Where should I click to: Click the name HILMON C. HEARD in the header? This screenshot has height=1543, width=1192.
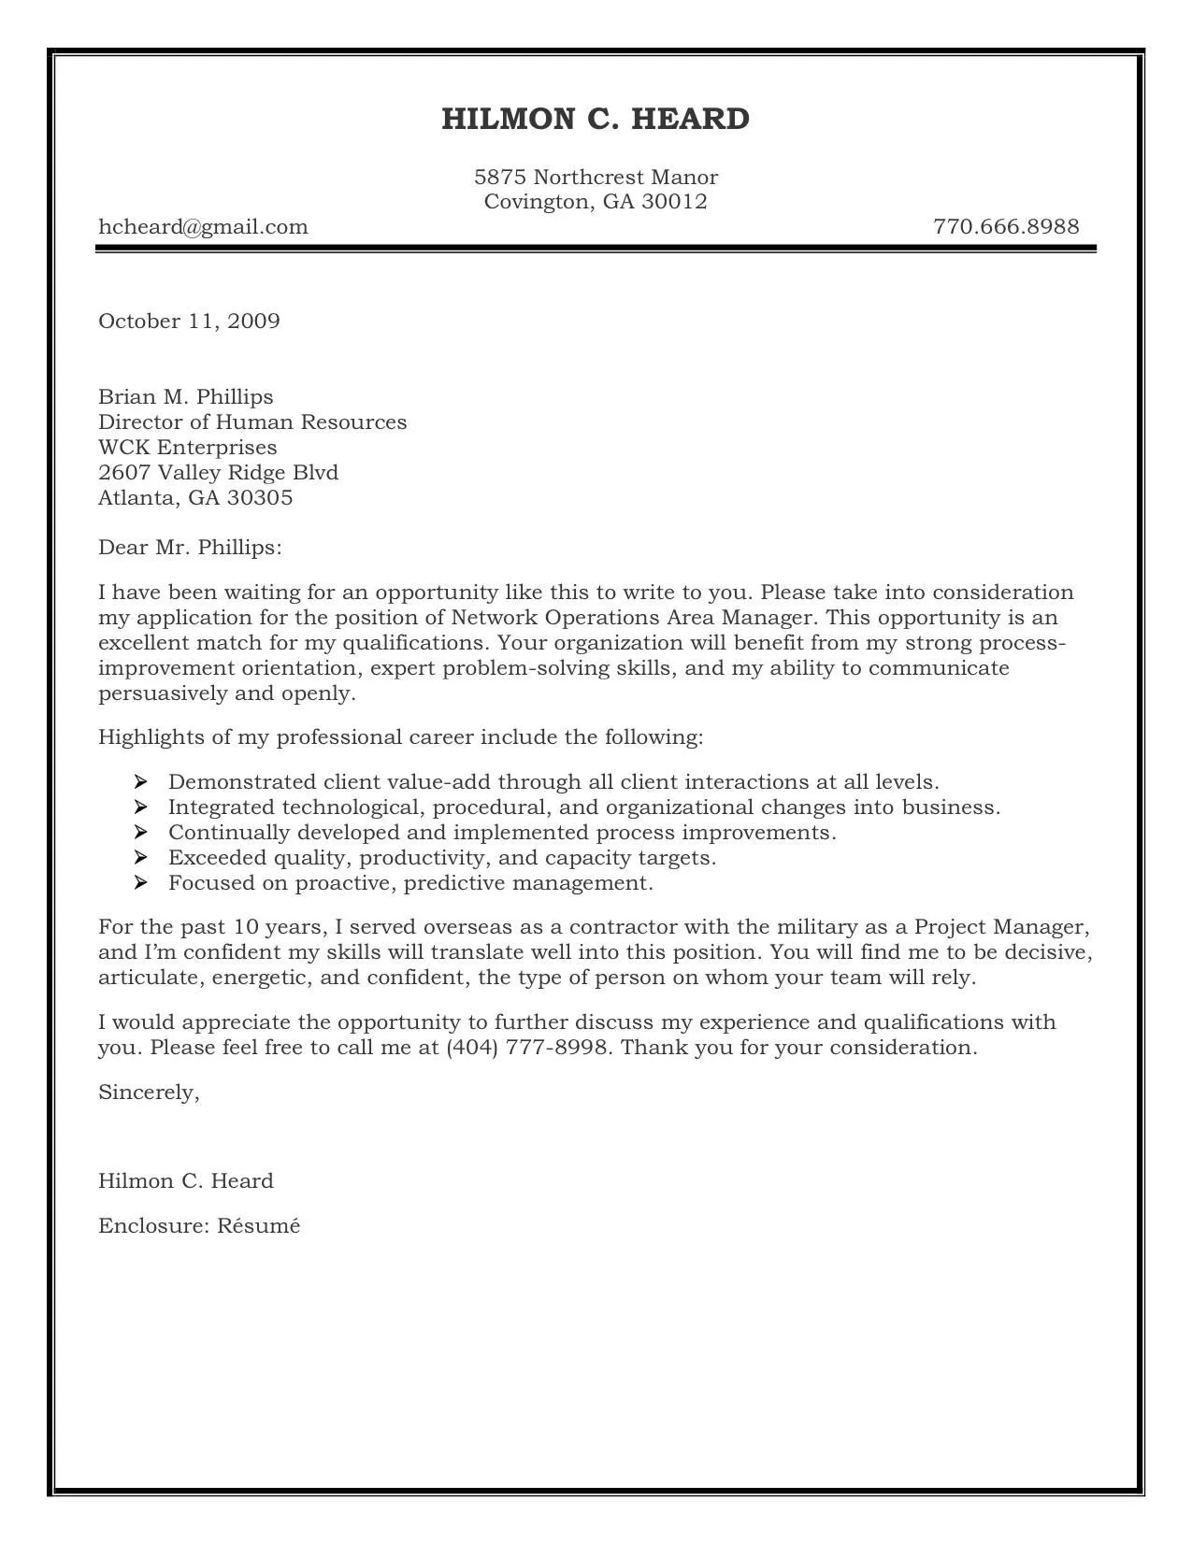tap(596, 120)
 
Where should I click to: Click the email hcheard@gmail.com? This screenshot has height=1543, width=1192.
tap(203, 227)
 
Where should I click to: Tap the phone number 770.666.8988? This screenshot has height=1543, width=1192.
tap(1006, 227)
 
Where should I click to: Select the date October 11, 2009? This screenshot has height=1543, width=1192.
tap(189, 321)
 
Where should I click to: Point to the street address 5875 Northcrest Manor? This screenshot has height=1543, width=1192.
tap(596, 178)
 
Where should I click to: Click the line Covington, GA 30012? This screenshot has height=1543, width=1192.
tap(596, 202)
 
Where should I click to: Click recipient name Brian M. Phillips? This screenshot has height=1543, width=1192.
tap(185, 397)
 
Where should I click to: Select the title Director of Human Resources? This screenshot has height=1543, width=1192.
tap(252, 422)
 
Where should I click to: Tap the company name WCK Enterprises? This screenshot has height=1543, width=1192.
tap(187, 448)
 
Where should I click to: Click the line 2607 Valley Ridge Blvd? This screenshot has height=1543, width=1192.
tap(218, 473)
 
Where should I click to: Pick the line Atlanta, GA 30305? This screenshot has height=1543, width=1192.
tap(195, 498)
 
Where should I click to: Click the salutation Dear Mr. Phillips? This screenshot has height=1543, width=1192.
tap(190, 548)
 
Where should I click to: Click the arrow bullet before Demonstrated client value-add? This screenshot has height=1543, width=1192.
tap(141, 781)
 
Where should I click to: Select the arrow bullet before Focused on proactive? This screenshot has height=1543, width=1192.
tap(141, 882)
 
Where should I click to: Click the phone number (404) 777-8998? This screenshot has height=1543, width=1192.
tap(530, 1048)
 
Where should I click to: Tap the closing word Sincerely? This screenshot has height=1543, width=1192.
tap(149, 1093)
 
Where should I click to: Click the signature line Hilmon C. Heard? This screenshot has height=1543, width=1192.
tap(185, 1181)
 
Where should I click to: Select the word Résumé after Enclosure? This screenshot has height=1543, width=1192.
tap(259, 1226)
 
